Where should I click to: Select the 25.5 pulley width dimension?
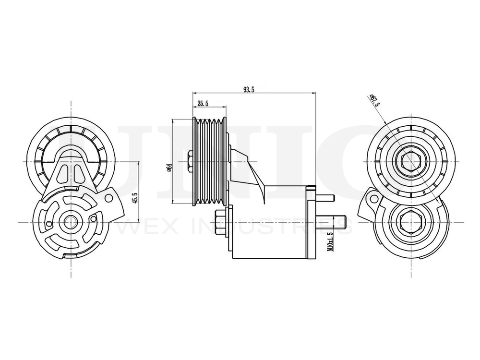click(x=202, y=103)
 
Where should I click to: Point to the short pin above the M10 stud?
click(x=324, y=197)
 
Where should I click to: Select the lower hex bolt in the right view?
click(x=410, y=222)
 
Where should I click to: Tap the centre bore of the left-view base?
click(x=72, y=222)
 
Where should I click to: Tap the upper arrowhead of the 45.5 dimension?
click(x=138, y=163)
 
